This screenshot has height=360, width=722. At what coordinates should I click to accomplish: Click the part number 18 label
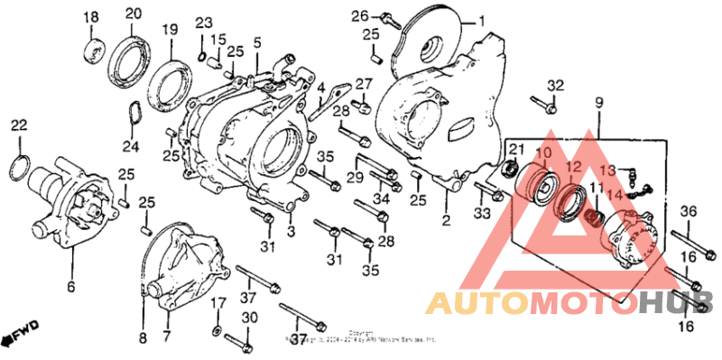pyautogui.click(x=92, y=19)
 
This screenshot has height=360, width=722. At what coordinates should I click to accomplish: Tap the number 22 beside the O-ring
pyautogui.click(x=19, y=125)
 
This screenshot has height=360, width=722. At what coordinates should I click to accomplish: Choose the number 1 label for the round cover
pyautogui.click(x=481, y=20)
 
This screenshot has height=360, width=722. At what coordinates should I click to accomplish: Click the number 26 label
pyautogui.click(x=359, y=15)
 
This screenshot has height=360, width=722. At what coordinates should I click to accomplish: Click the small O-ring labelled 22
pyautogui.click(x=22, y=166)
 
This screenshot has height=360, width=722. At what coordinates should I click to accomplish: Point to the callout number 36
pyautogui.click(x=688, y=211)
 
